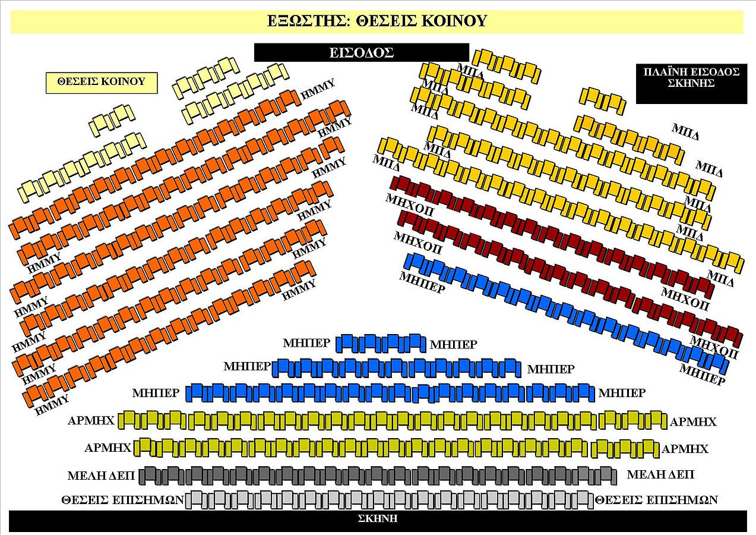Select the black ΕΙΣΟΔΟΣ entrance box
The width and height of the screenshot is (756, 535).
coord(362,52)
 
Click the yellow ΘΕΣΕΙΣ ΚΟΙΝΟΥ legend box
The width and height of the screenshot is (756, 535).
coord(102,82)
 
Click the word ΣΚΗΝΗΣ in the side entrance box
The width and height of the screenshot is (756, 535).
coord(691,84)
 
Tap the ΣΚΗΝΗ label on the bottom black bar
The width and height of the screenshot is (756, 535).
coord(378,518)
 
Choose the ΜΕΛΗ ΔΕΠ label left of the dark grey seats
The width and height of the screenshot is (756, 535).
coord(102,476)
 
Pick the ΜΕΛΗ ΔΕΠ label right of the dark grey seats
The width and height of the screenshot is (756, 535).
coord(660,475)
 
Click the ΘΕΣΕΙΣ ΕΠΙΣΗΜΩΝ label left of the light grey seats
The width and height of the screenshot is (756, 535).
coord(122,500)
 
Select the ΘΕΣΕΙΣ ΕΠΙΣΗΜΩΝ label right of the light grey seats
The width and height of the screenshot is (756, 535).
coord(657,500)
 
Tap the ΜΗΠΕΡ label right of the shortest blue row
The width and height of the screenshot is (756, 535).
coord(454,344)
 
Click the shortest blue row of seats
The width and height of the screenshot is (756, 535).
coord(381,344)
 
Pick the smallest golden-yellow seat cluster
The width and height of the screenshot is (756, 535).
coord(602,100)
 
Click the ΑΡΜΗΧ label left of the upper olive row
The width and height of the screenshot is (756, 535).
coord(91,421)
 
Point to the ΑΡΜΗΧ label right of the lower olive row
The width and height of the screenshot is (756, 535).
coord(685,449)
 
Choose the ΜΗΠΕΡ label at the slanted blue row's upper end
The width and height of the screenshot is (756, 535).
coord(422,282)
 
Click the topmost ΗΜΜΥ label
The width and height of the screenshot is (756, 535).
coord(318,87)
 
